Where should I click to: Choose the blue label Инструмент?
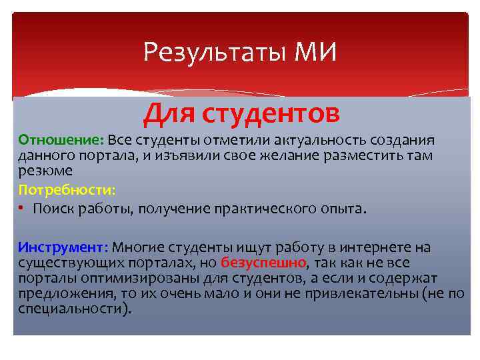pos(63,247)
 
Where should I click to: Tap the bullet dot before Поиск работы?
pos(23,208)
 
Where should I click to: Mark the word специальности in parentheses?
pos(67,307)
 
